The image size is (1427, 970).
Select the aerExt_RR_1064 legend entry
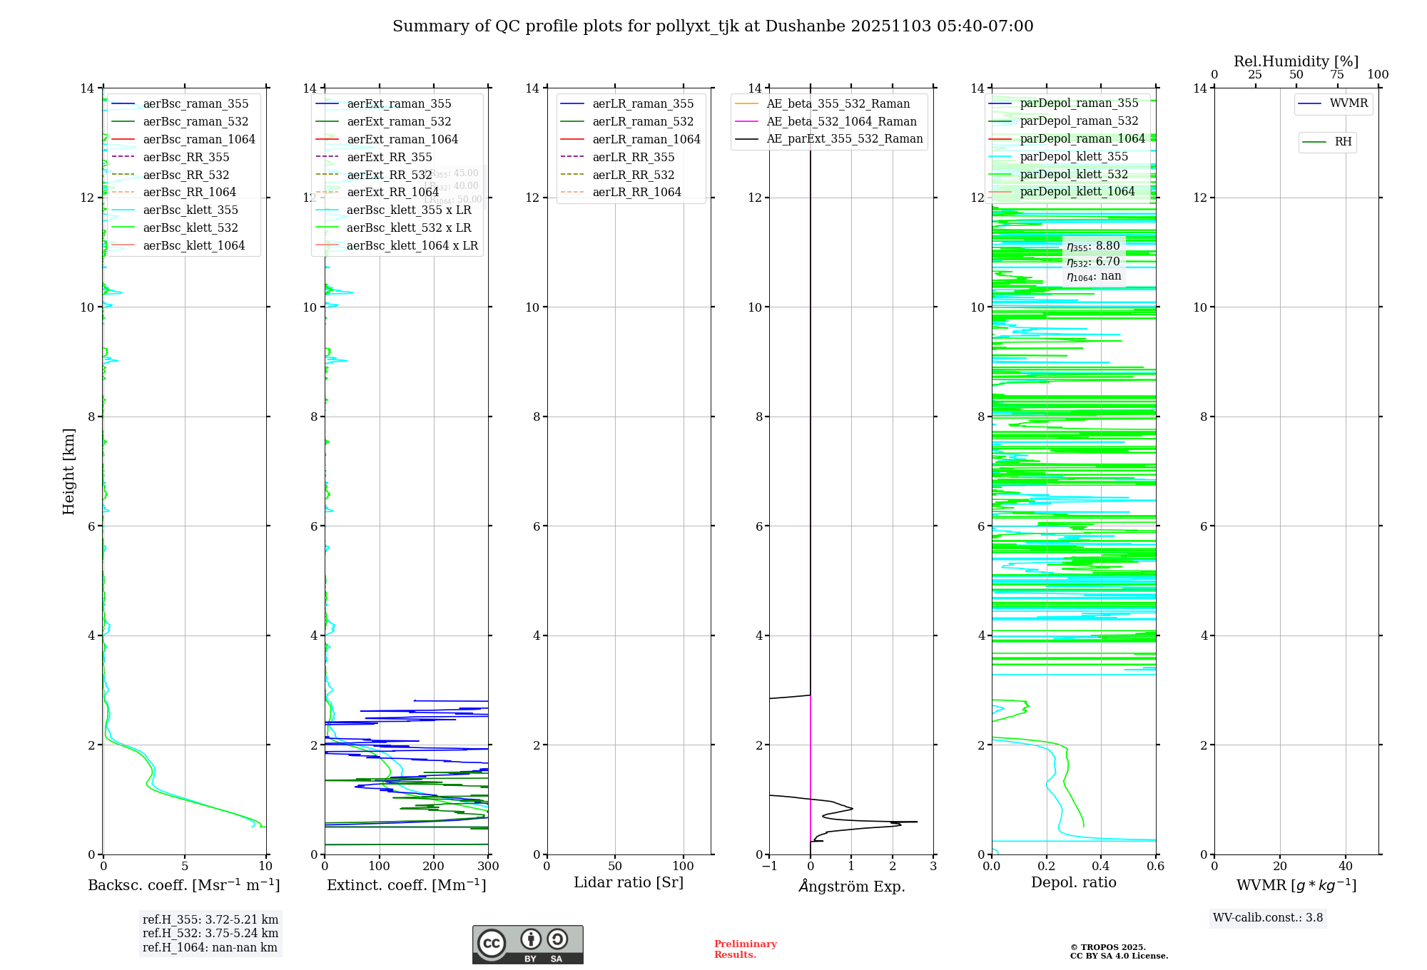pyautogui.click(x=392, y=193)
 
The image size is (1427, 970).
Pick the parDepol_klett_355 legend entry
pyautogui.click(x=1074, y=157)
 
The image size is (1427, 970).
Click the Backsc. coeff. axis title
pyautogui.click(x=184, y=885)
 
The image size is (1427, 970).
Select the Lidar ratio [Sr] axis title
pyautogui.click(x=629, y=882)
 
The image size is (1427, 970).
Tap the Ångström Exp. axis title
pyautogui.click(x=851, y=886)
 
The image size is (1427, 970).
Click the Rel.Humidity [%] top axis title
pyautogui.click(x=1296, y=61)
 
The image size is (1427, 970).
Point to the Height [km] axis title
pyautogui.click(x=68, y=471)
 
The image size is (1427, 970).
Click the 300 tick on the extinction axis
pyautogui.click(x=488, y=867)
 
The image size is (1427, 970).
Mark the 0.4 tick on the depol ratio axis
pyautogui.click(x=1101, y=867)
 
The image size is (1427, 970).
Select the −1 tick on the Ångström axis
pyautogui.click(x=769, y=867)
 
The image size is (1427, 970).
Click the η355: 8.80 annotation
pyautogui.click(x=1093, y=247)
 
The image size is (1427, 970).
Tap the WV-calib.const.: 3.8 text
pyautogui.click(x=1268, y=918)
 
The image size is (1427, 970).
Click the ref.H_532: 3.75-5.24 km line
pyautogui.click(x=210, y=934)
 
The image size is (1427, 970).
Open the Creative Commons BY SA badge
pyautogui.click(x=527, y=945)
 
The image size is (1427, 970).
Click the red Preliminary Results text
pyautogui.click(x=745, y=949)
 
